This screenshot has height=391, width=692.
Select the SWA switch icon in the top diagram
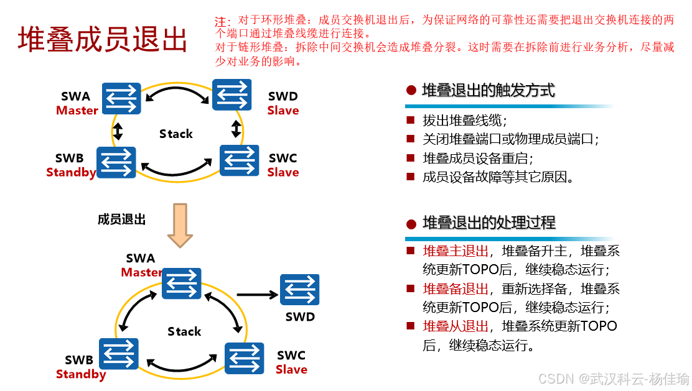click(122, 99)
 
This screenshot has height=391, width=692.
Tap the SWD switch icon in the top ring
click(232, 94)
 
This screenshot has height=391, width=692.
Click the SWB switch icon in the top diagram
click(116, 163)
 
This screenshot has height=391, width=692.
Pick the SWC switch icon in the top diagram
click(240, 160)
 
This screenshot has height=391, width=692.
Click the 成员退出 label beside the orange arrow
click(121, 219)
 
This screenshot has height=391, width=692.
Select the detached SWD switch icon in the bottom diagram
click(299, 290)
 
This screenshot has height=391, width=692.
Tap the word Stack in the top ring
click(176, 134)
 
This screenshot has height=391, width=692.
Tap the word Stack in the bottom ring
click(184, 331)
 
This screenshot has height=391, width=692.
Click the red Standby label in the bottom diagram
click(81, 374)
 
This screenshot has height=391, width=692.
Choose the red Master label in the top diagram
click(77, 111)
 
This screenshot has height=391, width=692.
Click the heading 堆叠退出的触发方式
click(488, 91)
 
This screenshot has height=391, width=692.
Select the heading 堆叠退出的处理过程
click(489, 223)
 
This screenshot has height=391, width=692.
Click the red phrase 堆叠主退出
click(456, 251)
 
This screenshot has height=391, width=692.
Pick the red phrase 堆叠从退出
click(456, 326)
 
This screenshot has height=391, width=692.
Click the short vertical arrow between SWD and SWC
click(236, 129)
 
